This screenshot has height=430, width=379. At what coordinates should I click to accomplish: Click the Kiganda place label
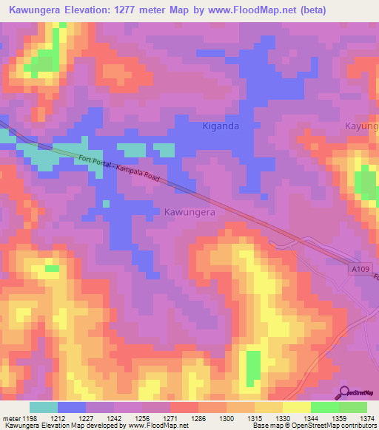click(221, 126)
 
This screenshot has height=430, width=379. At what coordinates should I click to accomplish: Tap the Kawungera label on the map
click(189, 211)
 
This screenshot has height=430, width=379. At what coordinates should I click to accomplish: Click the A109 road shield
click(360, 270)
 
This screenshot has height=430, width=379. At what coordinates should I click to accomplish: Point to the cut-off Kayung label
click(362, 126)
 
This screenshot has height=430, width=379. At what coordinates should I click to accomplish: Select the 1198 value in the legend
click(30, 418)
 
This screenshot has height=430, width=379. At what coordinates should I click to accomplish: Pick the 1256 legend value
click(143, 418)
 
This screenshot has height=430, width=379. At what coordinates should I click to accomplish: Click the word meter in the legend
click(10, 418)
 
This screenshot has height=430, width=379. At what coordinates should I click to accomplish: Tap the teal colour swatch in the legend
click(43, 407)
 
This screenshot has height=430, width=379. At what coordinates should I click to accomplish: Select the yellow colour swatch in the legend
click(296, 407)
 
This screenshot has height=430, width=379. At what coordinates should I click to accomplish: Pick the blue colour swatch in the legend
click(71, 407)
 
